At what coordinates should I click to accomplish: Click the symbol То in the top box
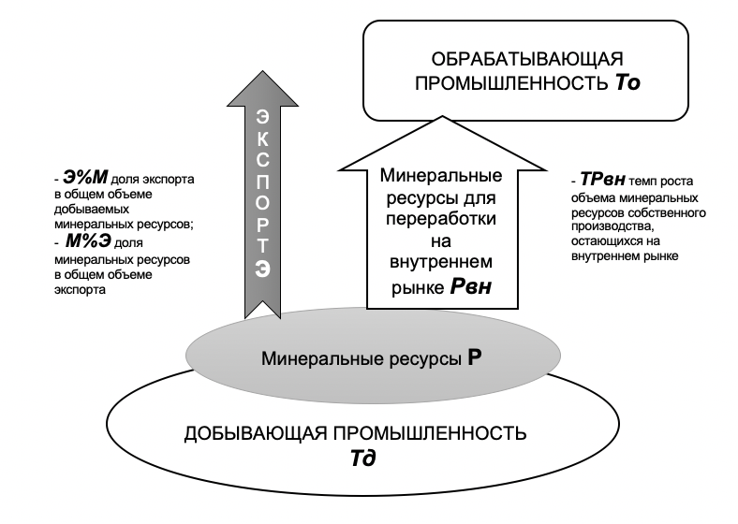pyautogui.click(x=627, y=83)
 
